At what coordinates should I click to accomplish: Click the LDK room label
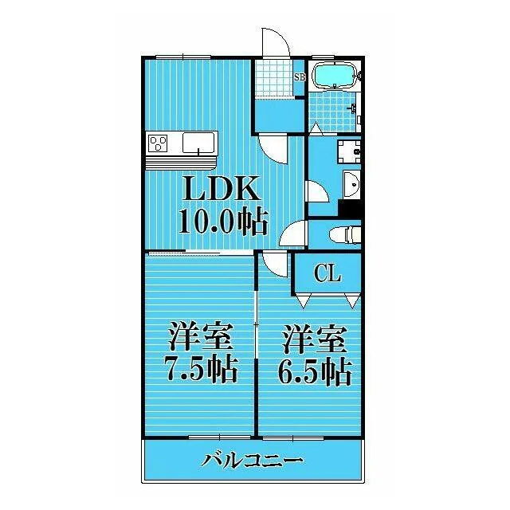coord(222,188)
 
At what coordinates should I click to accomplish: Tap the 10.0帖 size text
coord(223,222)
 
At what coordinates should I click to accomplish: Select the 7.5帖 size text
coord(201,369)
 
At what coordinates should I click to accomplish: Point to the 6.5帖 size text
coord(315,371)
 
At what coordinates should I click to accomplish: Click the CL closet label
coord(328,273)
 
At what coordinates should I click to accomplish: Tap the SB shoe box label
coord(300,77)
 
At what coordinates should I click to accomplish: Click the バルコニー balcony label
coord(252,461)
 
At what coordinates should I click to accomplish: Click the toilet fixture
coord(345,234)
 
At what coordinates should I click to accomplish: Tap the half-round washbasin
coord(351,184)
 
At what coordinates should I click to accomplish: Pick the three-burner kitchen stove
coord(158,143)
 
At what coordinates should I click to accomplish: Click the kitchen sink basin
coord(198,143)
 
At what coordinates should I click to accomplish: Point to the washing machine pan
coord(349,151)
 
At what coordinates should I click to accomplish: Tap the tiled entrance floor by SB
coord(274,78)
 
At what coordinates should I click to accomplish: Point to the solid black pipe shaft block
coord(350,208)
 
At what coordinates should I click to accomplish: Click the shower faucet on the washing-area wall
coord(353,108)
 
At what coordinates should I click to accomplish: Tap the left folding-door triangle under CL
coord(304,300)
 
